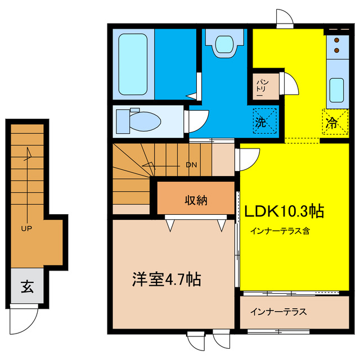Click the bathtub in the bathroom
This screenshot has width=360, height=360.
[133, 62]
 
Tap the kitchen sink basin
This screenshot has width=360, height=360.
[337, 89]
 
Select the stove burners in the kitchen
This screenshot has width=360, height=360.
[337, 46]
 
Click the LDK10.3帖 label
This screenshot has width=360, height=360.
[283, 211]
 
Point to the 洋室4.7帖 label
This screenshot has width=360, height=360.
[166, 280]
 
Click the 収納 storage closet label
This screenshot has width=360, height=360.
[196, 199]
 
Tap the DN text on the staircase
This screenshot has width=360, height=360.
[191, 165]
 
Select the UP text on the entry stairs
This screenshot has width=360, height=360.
[26, 229]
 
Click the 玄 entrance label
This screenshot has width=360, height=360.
[27, 287]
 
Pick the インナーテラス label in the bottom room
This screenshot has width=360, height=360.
[279, 312]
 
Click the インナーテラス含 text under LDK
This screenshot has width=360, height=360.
[281, 231]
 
